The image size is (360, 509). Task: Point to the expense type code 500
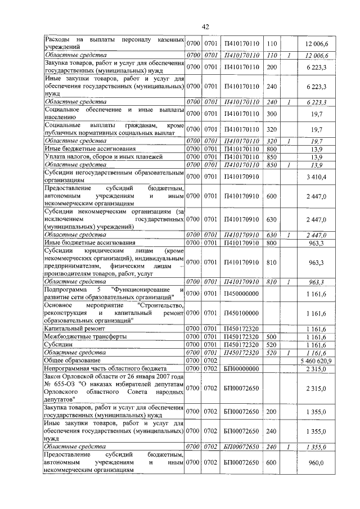(272, 336)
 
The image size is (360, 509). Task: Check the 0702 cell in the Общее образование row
(210, 360)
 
